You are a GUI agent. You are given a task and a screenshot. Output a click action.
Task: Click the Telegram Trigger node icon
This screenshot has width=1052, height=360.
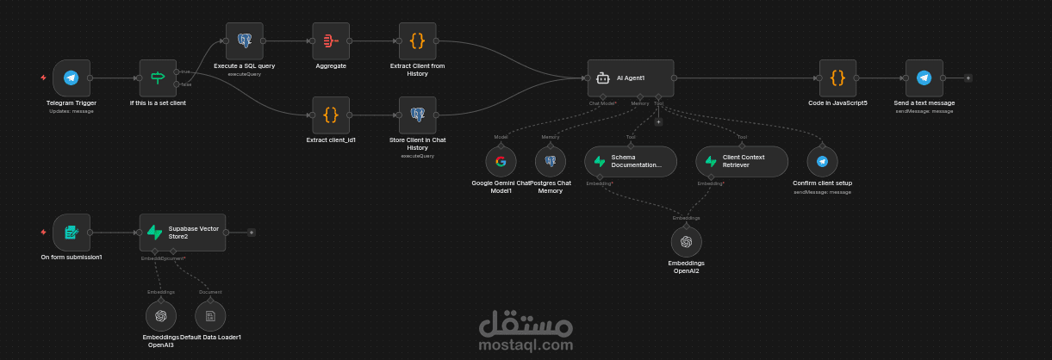72,78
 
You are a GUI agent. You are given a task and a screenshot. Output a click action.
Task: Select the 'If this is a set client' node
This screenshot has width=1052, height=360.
158,78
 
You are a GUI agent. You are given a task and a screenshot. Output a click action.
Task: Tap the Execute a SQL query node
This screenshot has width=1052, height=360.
244,40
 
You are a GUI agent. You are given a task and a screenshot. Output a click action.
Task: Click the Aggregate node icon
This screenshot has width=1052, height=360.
331,40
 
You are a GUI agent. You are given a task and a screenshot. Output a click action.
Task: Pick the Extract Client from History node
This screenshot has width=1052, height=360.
418,40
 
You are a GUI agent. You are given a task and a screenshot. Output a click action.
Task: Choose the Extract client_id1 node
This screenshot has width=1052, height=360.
331,115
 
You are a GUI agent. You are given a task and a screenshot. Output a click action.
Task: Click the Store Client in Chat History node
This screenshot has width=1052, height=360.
418,115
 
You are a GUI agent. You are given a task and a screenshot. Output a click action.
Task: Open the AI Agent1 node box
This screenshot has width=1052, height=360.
630,78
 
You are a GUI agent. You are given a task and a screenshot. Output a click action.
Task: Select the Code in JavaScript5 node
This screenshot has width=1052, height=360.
837,78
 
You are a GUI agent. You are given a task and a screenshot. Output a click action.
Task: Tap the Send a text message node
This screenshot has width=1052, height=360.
924,78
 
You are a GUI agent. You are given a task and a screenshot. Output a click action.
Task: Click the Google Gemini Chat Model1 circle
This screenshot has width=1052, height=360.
501,161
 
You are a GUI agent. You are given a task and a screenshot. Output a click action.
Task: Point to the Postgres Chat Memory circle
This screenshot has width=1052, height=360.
551,161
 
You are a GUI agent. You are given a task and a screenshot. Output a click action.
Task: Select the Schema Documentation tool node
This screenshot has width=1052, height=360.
631,161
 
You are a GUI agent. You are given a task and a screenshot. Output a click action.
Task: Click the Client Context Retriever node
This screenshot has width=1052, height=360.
742,161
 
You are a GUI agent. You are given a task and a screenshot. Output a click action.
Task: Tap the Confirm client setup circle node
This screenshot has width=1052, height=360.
822,161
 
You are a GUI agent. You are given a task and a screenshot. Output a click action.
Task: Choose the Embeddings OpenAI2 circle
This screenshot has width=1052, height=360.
686,242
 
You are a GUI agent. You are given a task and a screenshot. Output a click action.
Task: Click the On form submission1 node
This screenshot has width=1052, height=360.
72,232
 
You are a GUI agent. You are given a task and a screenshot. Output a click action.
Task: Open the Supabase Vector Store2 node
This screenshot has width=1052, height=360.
183,232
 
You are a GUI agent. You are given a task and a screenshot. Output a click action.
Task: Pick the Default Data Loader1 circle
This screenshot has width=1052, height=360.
210,316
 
